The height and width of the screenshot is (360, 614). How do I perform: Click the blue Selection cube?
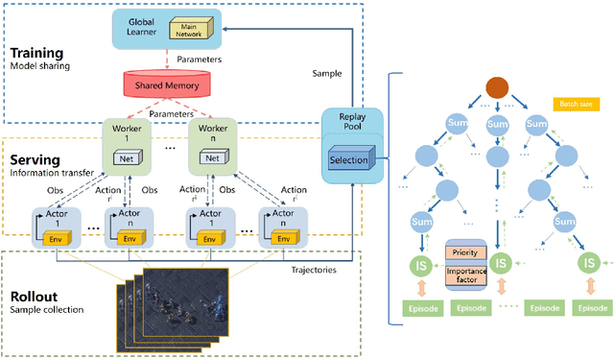[x=347, y=158]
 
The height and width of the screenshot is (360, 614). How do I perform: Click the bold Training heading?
[x=36, y=52]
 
